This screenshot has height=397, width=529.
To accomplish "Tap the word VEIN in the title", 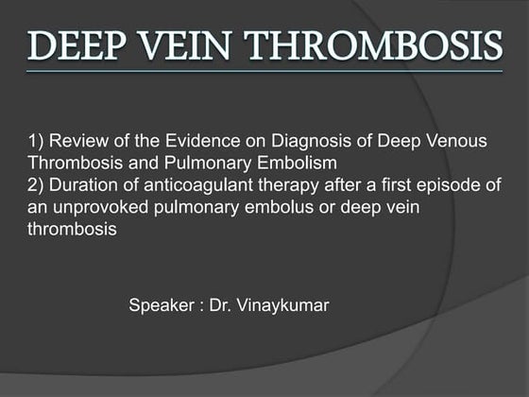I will pos(182,43).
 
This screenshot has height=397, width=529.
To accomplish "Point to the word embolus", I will pos(249,207).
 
